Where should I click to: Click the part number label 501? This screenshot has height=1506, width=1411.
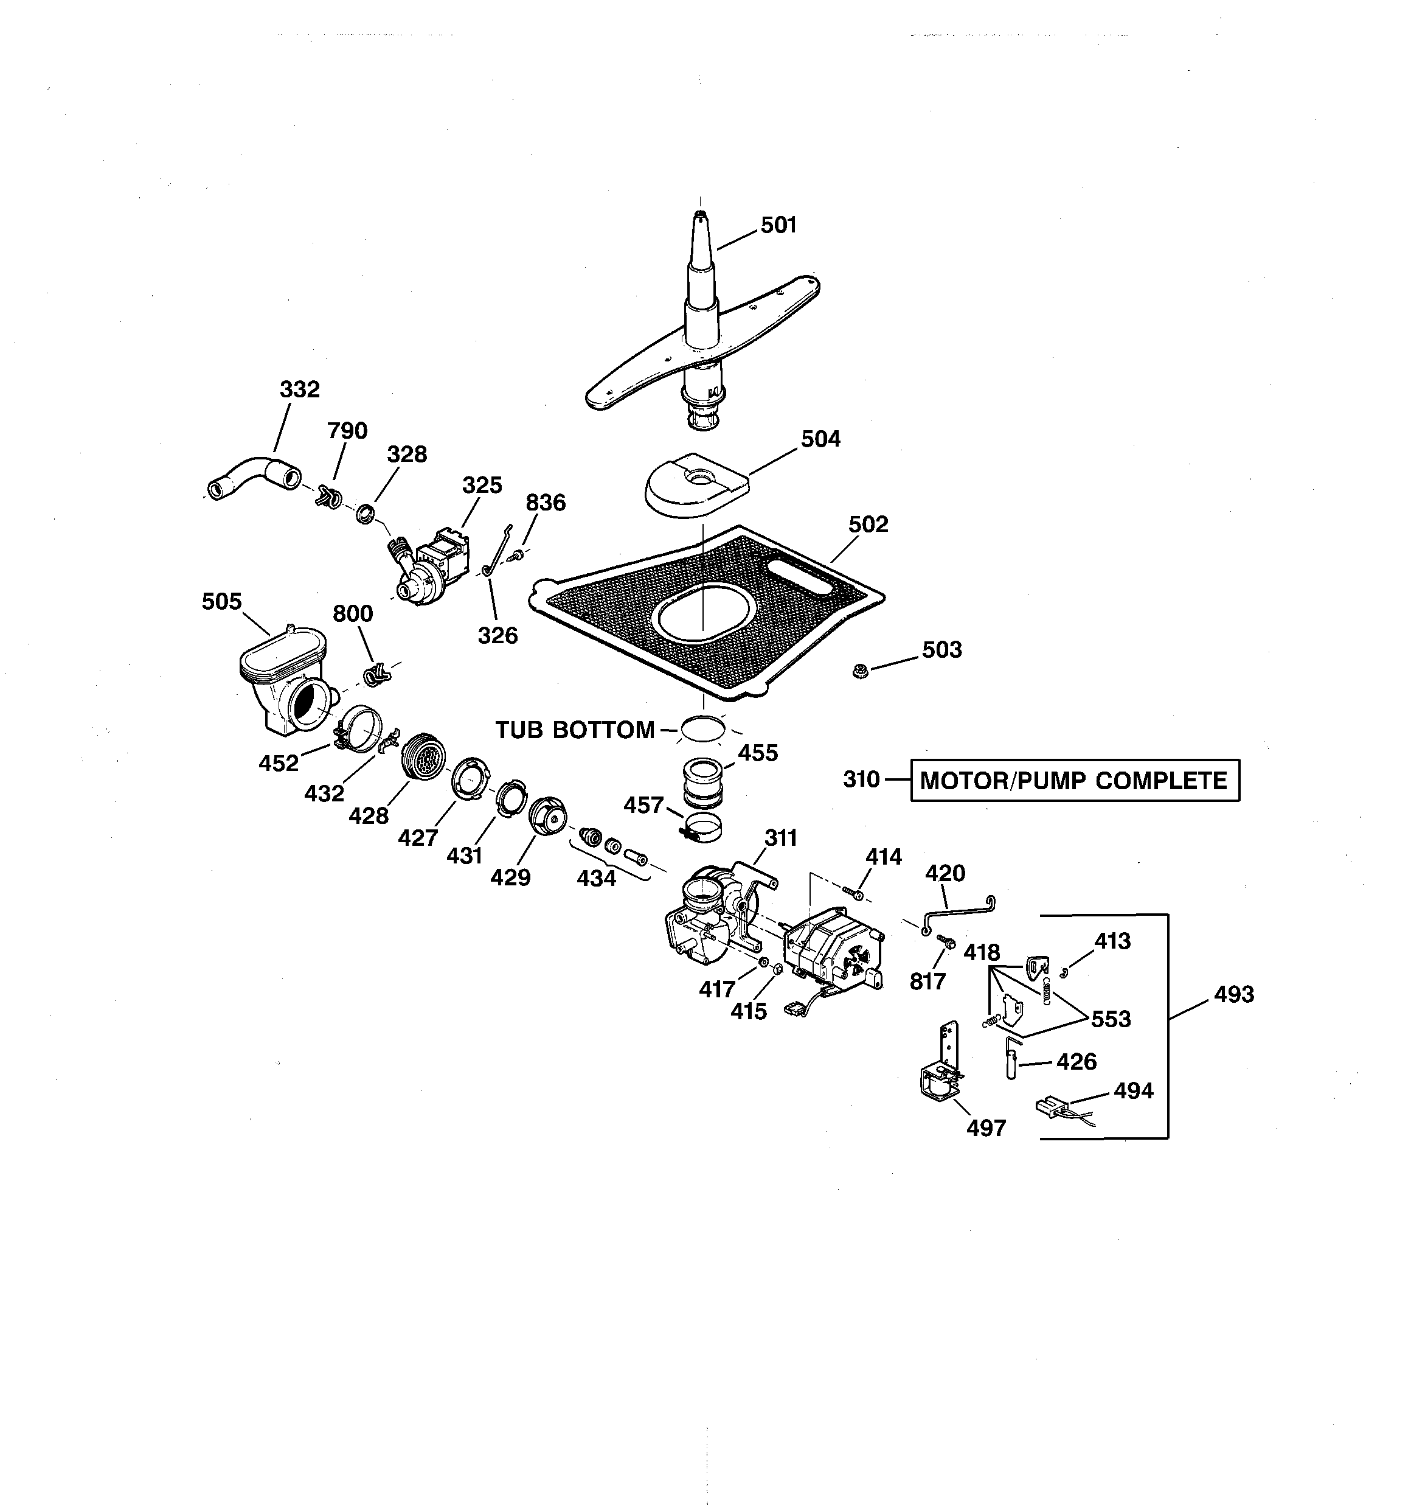click(x=778, y=225)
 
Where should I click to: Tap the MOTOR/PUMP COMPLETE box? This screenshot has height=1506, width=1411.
click(x=1074, y=780)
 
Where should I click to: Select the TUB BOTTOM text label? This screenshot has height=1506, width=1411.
click(x=575, y=730)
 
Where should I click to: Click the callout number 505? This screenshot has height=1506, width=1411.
click(x=221, y=602)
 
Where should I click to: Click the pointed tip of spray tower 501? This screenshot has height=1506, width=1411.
click(x=701, y=215)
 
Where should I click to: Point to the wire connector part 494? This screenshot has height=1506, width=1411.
click(x=1053, y=1107)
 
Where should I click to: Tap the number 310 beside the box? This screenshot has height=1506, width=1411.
click(x=861, y=779)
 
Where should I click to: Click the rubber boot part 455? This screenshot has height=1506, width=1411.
click(x=703, y=783)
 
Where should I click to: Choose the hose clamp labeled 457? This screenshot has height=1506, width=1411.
click(x=703, y=828)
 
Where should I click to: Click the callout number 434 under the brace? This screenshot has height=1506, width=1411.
click(x=596, y=878)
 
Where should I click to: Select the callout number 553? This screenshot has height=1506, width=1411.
click(x=1111, y=1019)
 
